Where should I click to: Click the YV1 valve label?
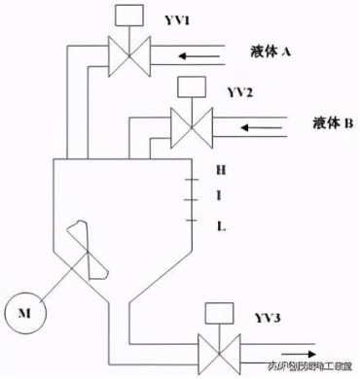(172, 18)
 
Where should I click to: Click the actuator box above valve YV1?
(126, 16)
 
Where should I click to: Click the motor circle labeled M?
(22, 312)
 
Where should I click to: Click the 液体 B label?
(332, 122)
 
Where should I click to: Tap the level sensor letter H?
(221, 169)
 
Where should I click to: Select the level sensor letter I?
(221, 197)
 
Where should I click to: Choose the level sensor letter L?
(221, 225)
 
